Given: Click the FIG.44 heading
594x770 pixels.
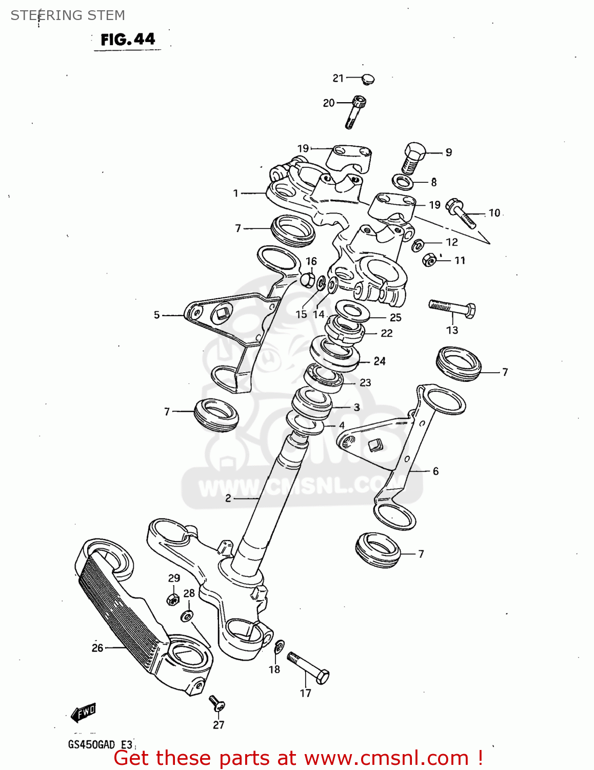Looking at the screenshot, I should [128, 40].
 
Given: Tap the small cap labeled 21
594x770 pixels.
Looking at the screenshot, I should [368, 79].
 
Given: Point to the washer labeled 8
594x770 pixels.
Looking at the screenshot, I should [403, 182].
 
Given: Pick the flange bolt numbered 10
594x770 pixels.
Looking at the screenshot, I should [461, 213].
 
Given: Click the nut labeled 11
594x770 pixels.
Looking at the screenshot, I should [430, 260].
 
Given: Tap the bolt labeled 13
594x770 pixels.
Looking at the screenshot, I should [452, 309].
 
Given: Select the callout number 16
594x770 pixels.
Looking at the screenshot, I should [311, 261].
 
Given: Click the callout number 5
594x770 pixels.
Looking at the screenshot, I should [157, 315].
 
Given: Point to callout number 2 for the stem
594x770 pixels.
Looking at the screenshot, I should [228, 498].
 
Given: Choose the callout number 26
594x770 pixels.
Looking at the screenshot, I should [97, 648].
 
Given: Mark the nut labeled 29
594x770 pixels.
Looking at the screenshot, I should [173, 599].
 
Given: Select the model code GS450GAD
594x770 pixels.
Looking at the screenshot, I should [91, 744].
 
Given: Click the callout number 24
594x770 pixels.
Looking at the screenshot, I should [380, 361].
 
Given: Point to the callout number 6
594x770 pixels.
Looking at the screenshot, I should [435, 471].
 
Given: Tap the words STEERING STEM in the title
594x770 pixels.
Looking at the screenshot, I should [68, 15].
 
